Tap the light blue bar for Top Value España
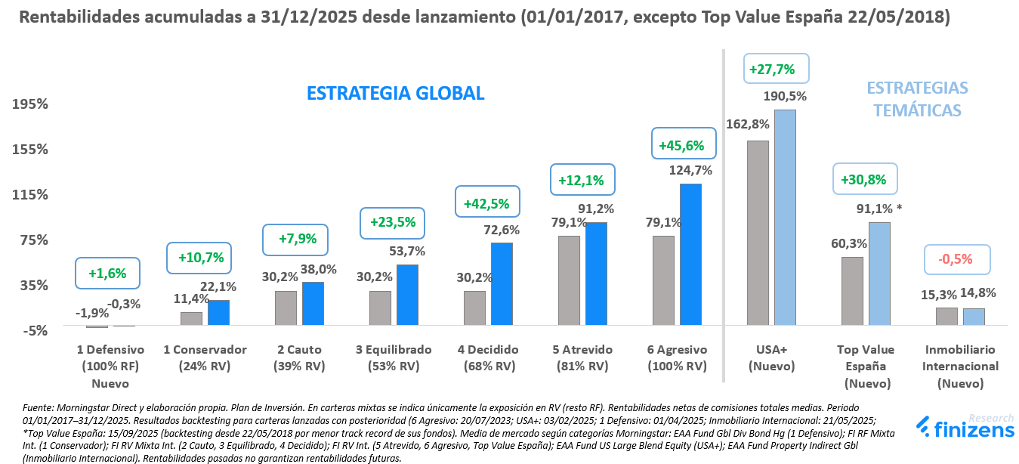pos(879,274)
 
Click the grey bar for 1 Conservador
pos(191,318)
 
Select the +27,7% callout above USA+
pos(776,69)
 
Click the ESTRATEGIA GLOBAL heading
pos(395,94)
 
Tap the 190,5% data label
pos(786,96)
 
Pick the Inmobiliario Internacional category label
pos(960,366)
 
